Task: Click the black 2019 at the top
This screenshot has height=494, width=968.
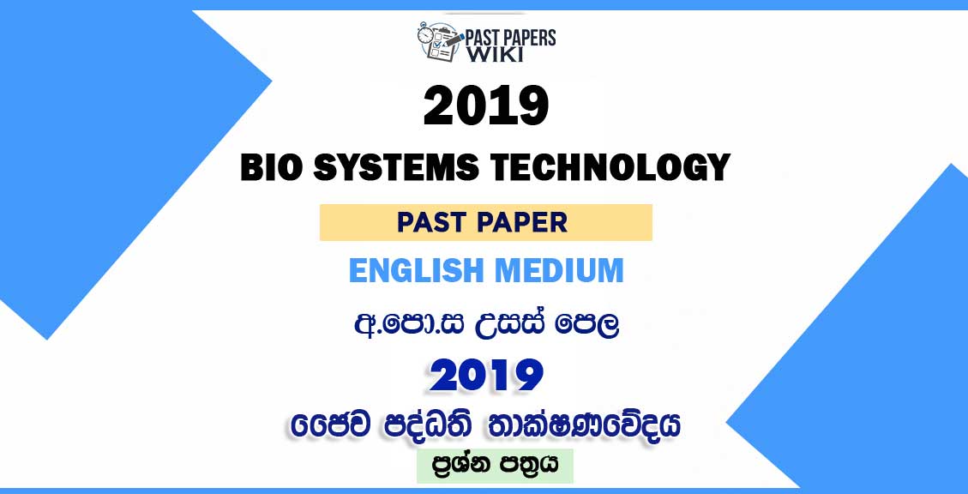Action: [x=486, y=105]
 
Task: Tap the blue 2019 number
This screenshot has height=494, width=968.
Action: [x=486, y=376]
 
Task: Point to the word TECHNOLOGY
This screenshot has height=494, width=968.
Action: [x=605, y=167]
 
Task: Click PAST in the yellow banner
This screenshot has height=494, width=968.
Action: [x=431, y=222]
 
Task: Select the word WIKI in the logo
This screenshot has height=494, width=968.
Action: [x=495, y=54]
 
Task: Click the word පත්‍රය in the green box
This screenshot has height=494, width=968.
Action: [x=529, y=465]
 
